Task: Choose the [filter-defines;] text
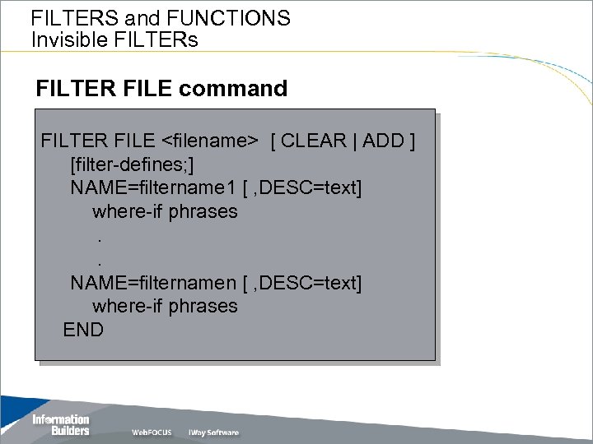(133, 164)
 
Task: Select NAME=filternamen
(152, 283)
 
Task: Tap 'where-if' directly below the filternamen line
(128, 307)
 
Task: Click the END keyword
(83, 331)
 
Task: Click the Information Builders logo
(60, 424)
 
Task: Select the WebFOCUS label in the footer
(152, 432)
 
